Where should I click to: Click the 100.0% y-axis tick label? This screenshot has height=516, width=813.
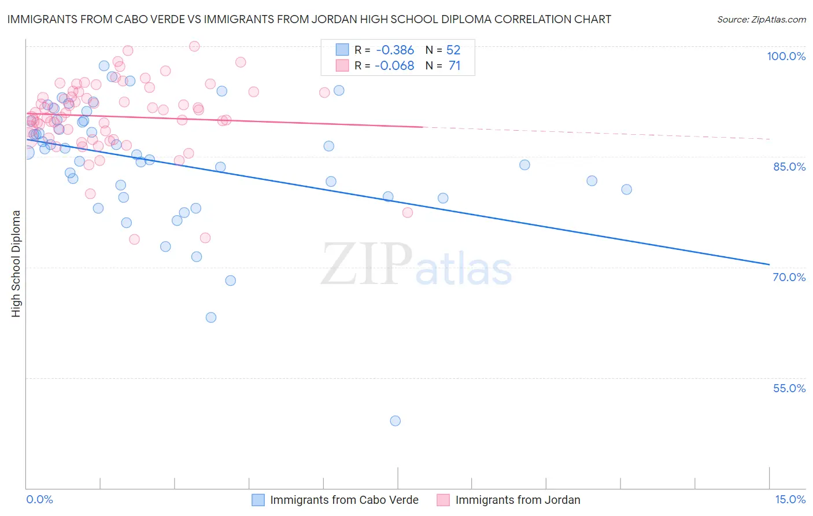click(786, 56)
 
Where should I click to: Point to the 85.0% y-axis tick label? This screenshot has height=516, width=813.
click(789, 167)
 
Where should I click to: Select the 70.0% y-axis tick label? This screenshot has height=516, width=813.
click(789, 277)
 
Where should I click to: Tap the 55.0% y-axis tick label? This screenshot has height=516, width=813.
click(789, 388)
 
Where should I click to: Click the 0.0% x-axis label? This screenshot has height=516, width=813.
click(39, 499)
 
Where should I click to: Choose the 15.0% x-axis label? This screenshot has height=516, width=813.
click(790, 499)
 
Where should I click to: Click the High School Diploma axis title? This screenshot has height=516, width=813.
click(16, 263)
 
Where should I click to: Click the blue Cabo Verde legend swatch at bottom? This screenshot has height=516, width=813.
click(258, 500)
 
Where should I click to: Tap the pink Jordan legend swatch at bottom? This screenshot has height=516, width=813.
click(443, 500)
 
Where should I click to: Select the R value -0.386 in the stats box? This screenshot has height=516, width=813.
click(394, 50)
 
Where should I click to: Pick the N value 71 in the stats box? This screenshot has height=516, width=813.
click(454, 66)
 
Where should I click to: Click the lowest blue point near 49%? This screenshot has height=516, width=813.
click(396, 421)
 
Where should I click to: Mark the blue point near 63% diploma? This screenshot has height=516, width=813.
click(211, 318)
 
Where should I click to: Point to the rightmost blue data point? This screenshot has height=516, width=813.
click(626, 190)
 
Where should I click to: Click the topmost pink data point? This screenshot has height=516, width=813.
click(194, 46)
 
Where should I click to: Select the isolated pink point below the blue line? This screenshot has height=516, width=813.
click(408, 212)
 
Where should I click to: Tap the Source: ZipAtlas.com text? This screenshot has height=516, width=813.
click(761, 20)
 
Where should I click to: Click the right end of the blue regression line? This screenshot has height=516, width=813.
click(769, 264)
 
